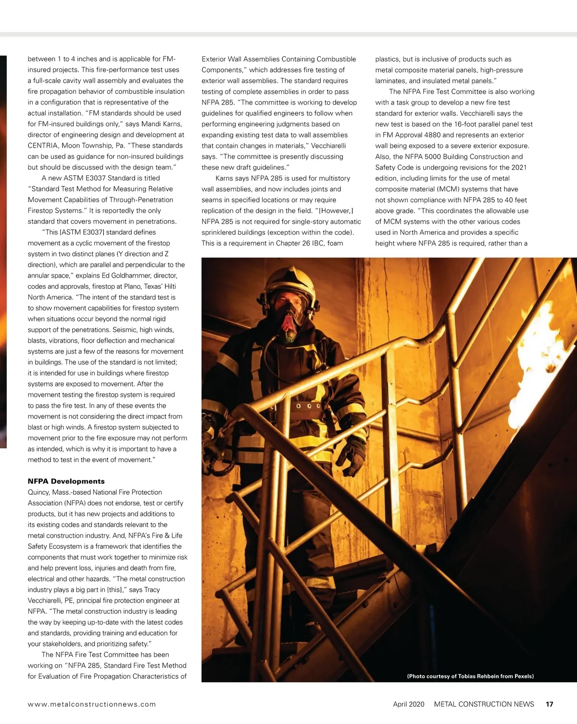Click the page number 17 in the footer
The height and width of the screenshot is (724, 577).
549,704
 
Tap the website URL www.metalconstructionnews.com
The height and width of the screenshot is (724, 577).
92,704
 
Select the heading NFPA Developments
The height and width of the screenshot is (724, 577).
66,481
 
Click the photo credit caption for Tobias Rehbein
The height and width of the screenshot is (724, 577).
470,676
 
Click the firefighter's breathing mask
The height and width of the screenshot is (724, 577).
289,320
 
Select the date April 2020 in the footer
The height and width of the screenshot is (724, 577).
408,704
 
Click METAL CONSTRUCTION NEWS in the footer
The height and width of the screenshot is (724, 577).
484,704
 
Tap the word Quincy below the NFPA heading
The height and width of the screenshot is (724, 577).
39,492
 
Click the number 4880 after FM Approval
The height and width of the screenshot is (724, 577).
432,135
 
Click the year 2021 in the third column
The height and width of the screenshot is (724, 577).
517,167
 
